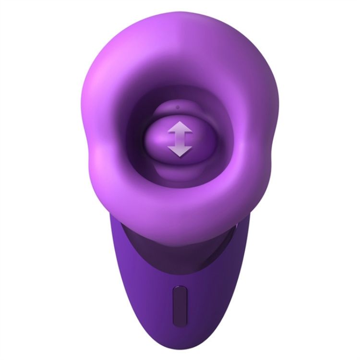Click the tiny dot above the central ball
click(x=178, y=107)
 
